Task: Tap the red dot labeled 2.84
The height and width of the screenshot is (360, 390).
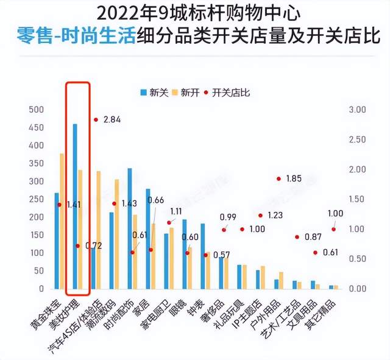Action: click(x=96, y=119)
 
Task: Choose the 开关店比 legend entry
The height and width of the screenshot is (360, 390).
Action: click(x=227, y=93)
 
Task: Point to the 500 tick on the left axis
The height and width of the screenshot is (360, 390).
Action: click(x=37, y=110)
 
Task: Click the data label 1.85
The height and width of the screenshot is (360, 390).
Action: click(x=294, y=178)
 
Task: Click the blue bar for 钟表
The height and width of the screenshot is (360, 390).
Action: click(x=203, y=256)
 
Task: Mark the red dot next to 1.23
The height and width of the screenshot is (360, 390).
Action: click(x=260, y=215)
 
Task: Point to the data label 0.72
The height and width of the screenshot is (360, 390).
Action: click(x=93, y=245)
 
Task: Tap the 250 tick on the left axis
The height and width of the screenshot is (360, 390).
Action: click(x=37, y=199)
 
